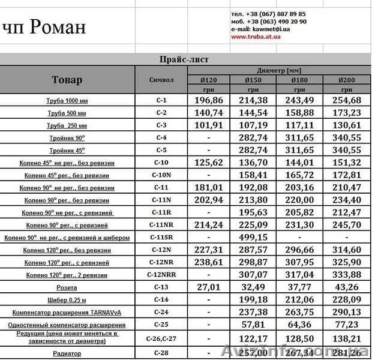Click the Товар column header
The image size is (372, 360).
coord(67,80)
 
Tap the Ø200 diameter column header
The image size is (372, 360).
coord(347,80)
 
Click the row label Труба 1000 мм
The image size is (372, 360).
coord(67,100)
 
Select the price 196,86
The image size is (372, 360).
coord(209,100)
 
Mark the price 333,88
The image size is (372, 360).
coord(347,275)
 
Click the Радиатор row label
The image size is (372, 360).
coord(67,353)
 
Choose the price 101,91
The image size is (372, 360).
coord(209,125)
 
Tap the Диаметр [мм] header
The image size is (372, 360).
coord(278,70)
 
